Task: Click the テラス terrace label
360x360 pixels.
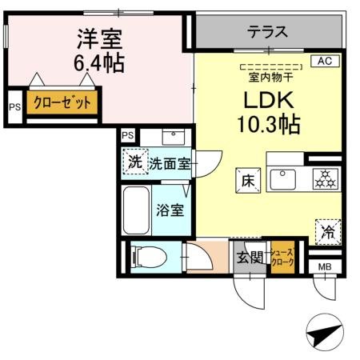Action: click(266, 33)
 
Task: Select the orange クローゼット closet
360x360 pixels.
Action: click(62, 103)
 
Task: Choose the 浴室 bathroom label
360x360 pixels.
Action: click(169, 211)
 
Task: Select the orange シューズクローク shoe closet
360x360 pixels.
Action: click(282, 258)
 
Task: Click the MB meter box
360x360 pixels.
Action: click(325, 266)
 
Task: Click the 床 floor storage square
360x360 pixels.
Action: click(246, 181)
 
